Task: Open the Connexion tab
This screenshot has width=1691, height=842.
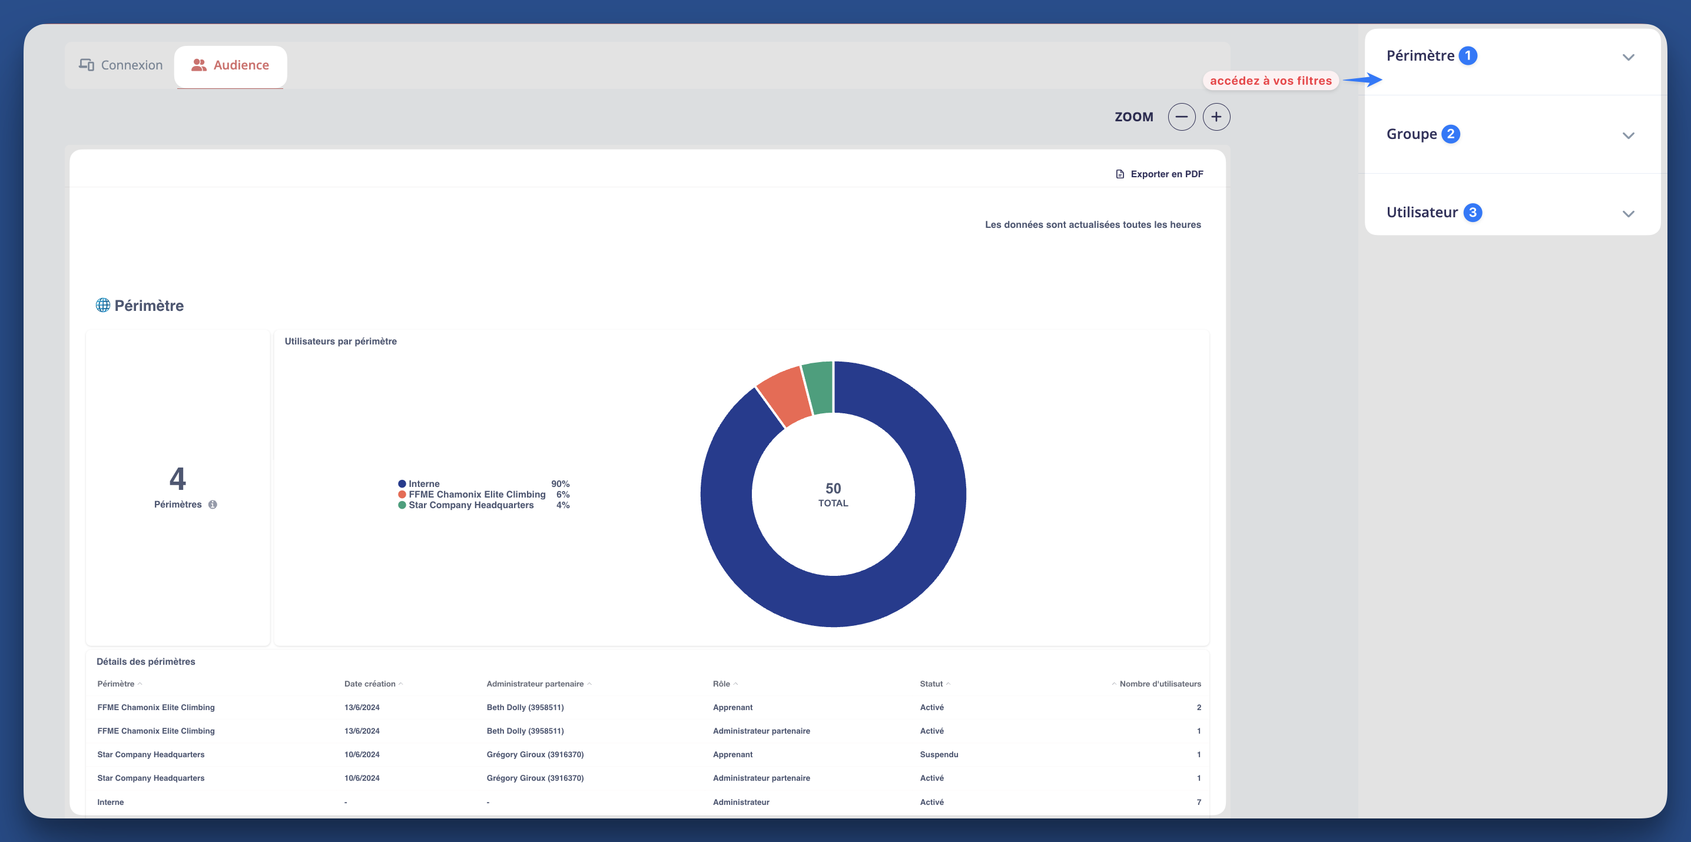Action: pyautogui.click(x=121, y=65)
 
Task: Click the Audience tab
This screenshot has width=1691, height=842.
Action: pyautogui.click(x=230, y=65)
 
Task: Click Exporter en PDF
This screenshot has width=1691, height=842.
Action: pyautogui.click(x=1159, y=174)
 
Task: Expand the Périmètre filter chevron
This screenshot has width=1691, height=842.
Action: pyautogui.click(x=1628, y=57)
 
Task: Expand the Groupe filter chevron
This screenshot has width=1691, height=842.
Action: pyautogui.click(x=1628, y=135)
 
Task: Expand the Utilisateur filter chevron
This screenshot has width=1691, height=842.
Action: pyautogui.click(x=1628, y=213)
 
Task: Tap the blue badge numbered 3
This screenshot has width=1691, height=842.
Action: pyautogui.click(x=1473, y=212)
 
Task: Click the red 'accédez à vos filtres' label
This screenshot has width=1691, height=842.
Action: pyautogui.click(x=1270, y=81)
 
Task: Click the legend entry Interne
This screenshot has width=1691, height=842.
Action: pyautogui.click(x=423, y=483)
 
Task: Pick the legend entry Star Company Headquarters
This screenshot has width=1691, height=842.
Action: pyautogui.click(x=470, y=505)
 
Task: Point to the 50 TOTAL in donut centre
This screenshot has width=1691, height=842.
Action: pyautogui.click(x=833, y=494)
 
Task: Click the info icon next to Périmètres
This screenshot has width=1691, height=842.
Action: pyautogui.click(x=213, y=505)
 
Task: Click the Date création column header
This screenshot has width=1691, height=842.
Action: pyautogui.click(x=370, y=684)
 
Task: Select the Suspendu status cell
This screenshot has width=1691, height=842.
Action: pyautogui.click(x=939, y=754)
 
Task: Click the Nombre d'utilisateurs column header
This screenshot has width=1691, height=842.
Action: pyautogui.click(x=1159, y=684)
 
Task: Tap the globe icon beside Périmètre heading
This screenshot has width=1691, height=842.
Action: pyautogui.click(x=103, y=305)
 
